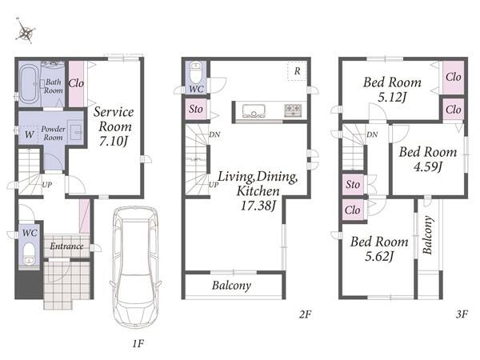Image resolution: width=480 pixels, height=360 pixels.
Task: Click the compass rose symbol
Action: (x=26, y=32)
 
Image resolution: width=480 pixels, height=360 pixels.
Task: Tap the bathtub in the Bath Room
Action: (x=29, y=83)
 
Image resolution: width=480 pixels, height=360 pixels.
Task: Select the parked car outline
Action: (x=136, y=266)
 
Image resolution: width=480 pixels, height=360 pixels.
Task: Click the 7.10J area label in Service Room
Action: (x=113, y=141)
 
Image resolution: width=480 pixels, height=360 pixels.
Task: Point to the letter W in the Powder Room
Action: (x=30, y=134)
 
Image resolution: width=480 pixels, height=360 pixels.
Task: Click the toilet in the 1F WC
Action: (x=29, y=254)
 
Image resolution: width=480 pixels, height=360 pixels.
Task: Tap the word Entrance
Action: (x=66, y=246)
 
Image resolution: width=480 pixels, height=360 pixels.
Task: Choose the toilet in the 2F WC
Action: (x=196, y=72)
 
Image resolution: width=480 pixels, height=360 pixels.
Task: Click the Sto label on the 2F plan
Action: (x=196, y=109)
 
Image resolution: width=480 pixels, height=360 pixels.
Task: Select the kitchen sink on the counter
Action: (x=254, y=111)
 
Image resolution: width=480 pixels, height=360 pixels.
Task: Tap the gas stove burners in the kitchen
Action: (x=293, y=110)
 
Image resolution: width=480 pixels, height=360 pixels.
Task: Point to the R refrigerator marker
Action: (x=298, y=71)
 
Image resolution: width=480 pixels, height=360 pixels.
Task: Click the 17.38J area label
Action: (x=258, y=205)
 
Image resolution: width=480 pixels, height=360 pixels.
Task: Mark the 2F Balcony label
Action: (x=231, y=286)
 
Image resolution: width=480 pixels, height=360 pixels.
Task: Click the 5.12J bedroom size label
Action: (x=392, y=97)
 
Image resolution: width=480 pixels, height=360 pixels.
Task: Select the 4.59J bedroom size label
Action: (x=428, y=167)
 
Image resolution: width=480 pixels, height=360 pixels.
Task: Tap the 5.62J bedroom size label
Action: (x=379, y=256)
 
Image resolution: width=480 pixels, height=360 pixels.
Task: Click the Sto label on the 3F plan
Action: (x=353, y=184)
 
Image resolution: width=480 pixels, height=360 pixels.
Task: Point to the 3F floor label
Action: (x=462, y=314)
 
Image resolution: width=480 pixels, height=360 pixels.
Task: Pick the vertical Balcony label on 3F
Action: (x=428, y=235)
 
